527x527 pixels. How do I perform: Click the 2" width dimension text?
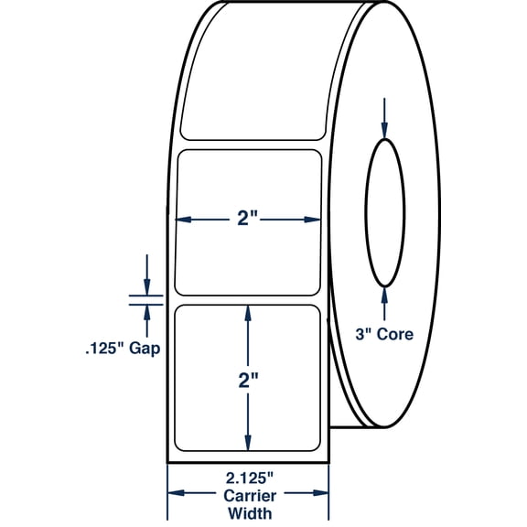[247, 219]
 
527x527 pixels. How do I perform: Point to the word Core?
[395, 334]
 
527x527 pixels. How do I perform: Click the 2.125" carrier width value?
[247, 476]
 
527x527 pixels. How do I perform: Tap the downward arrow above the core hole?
[384, 128]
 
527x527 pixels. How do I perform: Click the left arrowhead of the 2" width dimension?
[182, 219]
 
